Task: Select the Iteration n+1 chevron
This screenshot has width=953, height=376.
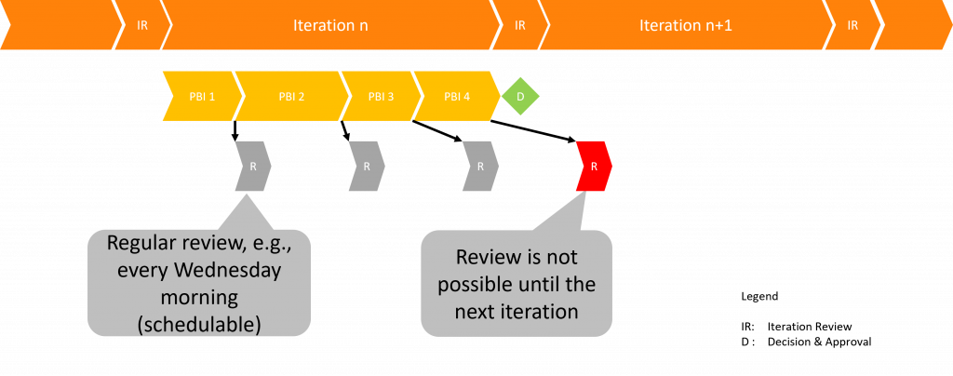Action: (685, 25)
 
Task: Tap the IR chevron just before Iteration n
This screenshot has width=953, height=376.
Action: (142, 25)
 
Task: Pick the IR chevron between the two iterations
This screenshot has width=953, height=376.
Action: (519, 25)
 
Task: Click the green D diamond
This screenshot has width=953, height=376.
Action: (520, 96)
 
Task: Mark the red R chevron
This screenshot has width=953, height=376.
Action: (594, 167)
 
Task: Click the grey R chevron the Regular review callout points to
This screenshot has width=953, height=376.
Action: (253, 167)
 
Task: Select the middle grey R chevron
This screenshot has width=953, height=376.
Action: (367, 167)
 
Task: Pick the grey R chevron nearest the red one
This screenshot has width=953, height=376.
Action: (480, 167)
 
